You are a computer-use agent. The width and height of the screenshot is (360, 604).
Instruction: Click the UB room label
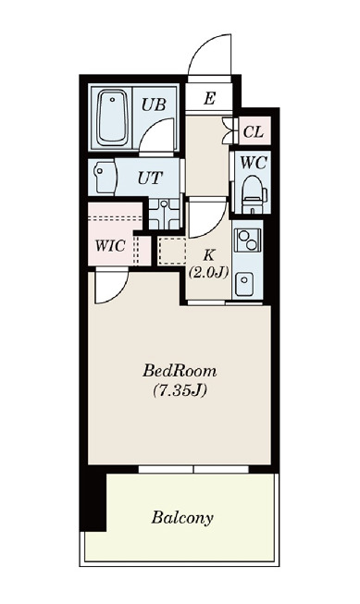pyautogui.click(x=154, y=105)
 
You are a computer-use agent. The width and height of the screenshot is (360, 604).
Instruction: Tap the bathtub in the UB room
pyautogui.click(x=112, y=117)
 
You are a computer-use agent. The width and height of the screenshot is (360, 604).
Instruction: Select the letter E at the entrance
pyautogui.click(x=209, y=99)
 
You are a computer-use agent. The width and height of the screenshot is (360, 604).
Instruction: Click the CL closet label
pyautogui.click(x=254, y=132)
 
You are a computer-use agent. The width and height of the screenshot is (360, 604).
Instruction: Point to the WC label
pyautogui.click(x=254, y=164)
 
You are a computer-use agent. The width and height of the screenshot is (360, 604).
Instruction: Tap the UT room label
pyautogui.click(x=150, y=178)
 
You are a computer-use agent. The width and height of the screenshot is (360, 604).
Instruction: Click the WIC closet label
pyautogui.click(x=110, y=246)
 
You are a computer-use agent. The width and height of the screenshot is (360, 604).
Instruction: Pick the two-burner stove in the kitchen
pyautogui.click(x=247, y=240)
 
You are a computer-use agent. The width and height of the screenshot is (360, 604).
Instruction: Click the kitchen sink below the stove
pyautogui.click(x=244, y=284)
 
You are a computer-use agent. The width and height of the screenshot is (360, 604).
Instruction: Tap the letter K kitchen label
pyautogui.click(x=208, y=255)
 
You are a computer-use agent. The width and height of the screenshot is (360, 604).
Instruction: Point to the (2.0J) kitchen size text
pyautogui.click(x=208, y=273)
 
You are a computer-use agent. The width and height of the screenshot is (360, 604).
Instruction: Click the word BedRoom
pyautogui.click(x=180, y=371)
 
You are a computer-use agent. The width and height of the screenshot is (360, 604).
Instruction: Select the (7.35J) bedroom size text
pyautogui.click(x=180, y=390)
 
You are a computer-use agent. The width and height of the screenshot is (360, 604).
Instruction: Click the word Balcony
pyautogui.click(x=182, y=518)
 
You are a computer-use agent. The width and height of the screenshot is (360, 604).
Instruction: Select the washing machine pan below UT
pyautogui.click(x=165, y=215)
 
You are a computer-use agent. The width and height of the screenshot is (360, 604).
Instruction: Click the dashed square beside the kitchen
pyautogui.click(x=172, y=252)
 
